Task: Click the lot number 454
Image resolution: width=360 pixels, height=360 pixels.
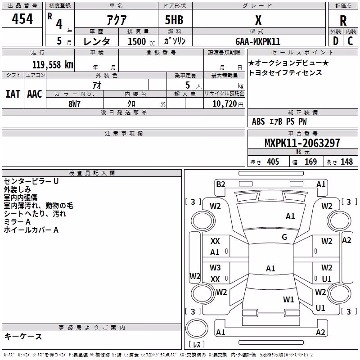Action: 22,18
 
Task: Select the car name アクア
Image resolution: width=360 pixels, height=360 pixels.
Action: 117,20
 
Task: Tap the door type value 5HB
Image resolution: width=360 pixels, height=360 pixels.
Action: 174,20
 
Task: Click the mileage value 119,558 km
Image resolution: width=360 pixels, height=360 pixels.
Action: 53,65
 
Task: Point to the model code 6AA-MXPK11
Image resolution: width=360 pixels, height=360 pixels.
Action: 258,41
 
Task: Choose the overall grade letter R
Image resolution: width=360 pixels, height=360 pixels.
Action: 343,21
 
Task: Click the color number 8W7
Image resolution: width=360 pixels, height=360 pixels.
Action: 75,104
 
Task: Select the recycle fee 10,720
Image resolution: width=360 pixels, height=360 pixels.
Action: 224,104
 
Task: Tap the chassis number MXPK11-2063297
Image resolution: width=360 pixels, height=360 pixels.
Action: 302,143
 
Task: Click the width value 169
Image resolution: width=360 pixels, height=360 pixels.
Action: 310,162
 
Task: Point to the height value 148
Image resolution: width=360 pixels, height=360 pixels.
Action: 346,162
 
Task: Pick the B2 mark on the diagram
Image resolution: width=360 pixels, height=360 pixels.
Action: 220,184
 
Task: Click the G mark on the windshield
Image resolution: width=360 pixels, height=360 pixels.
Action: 284,237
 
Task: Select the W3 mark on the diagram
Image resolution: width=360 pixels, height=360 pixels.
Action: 215,268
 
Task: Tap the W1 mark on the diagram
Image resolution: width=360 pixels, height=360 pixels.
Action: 288,300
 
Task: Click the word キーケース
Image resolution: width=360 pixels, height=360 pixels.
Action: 23,336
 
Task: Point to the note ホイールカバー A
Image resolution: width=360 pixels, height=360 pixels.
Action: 31,230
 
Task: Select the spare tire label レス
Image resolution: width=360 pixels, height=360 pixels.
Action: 197,344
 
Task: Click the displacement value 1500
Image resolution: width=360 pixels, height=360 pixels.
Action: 137,41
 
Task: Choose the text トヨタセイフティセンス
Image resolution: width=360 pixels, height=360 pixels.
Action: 285,73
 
